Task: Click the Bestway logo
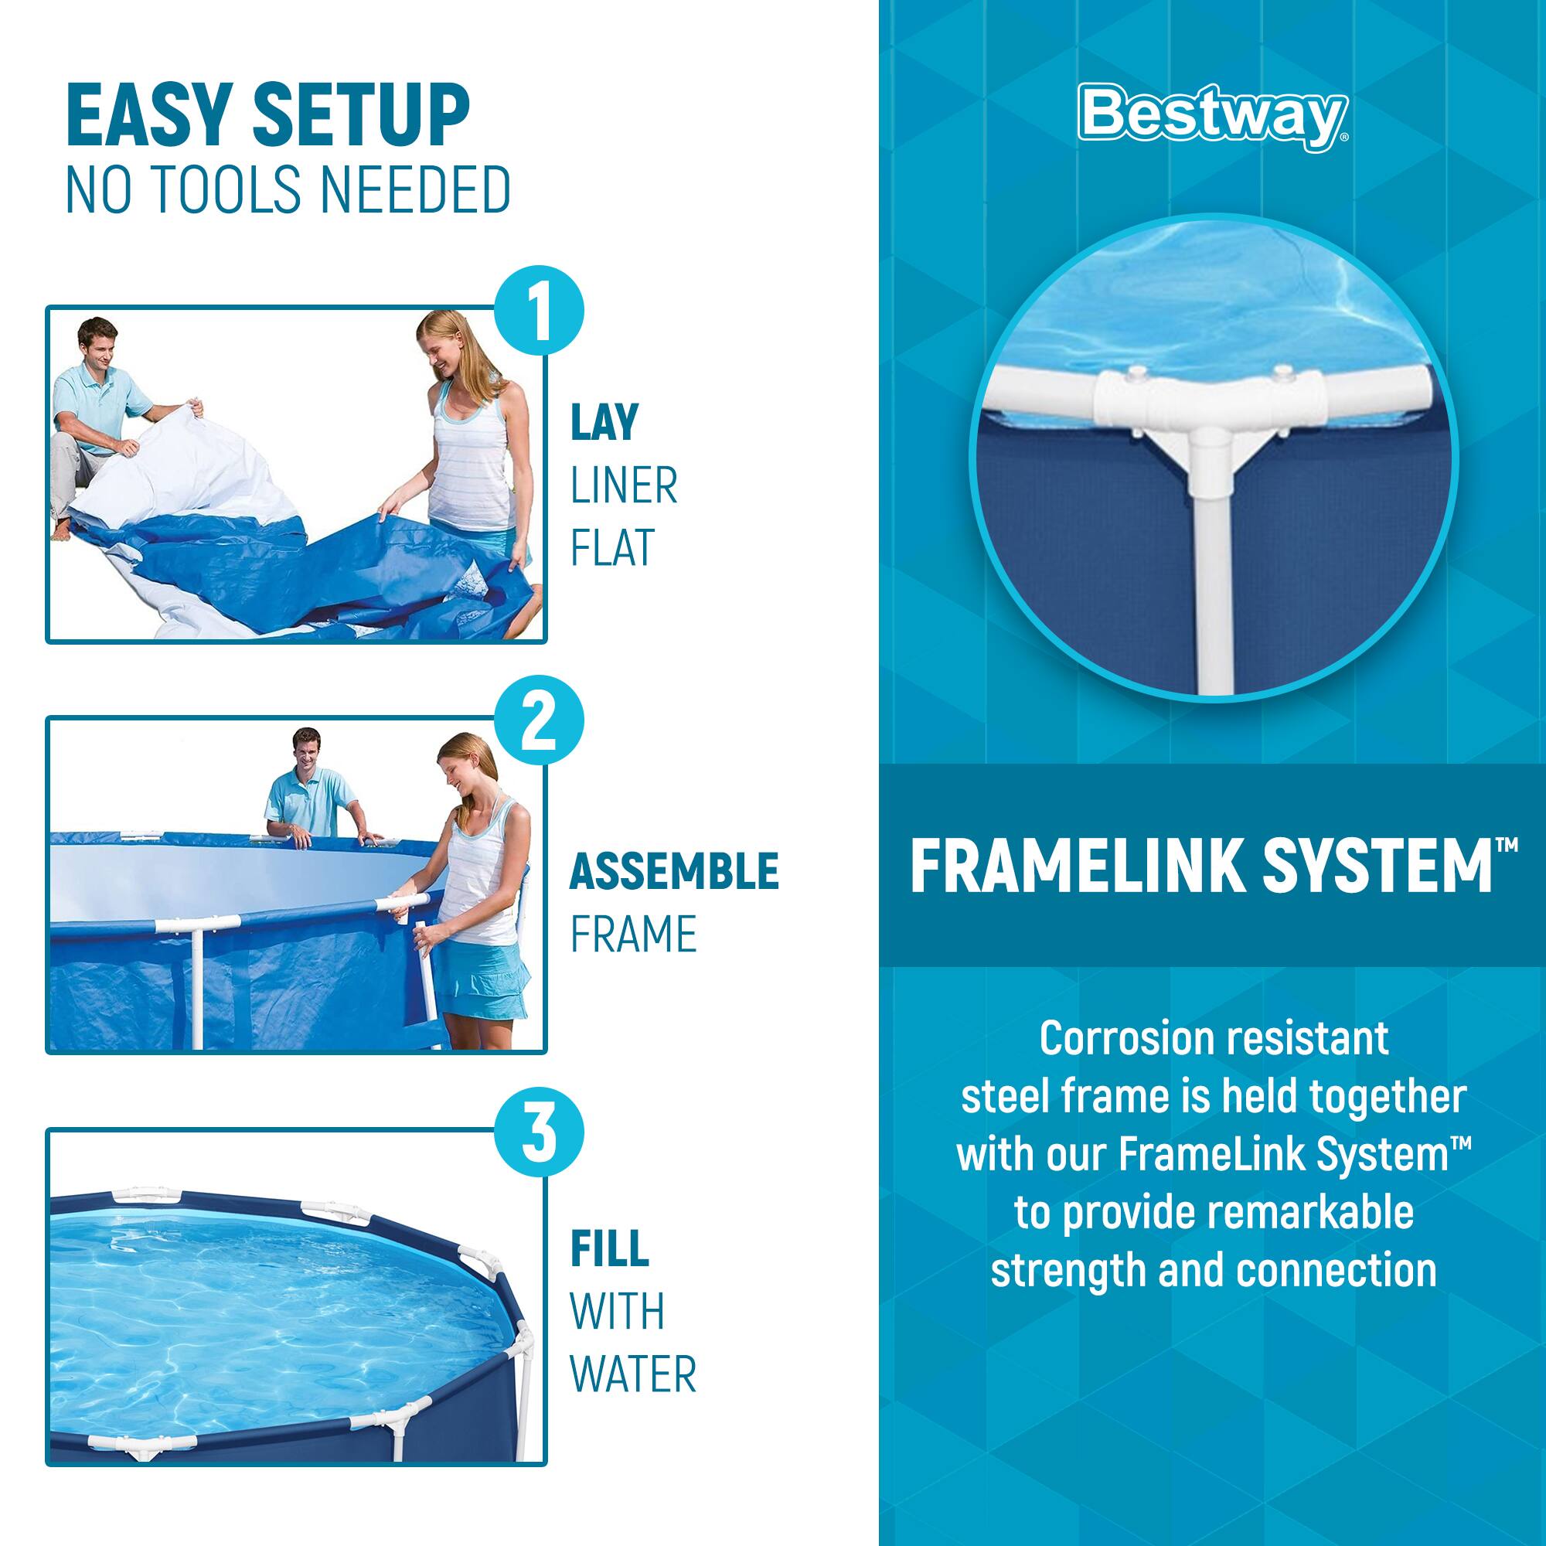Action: click(x=1212, y=118)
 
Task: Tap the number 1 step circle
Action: click(x=539, y=312)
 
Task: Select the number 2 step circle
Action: click(x=539, y=723)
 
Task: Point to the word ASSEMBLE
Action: click(x=674, y=871)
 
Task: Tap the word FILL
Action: click(x=609, y=1249)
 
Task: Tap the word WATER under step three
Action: click(x=633, y=1374)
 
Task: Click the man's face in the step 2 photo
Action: click(x=308, y=750)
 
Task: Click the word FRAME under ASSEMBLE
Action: click(x=633, y=934)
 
